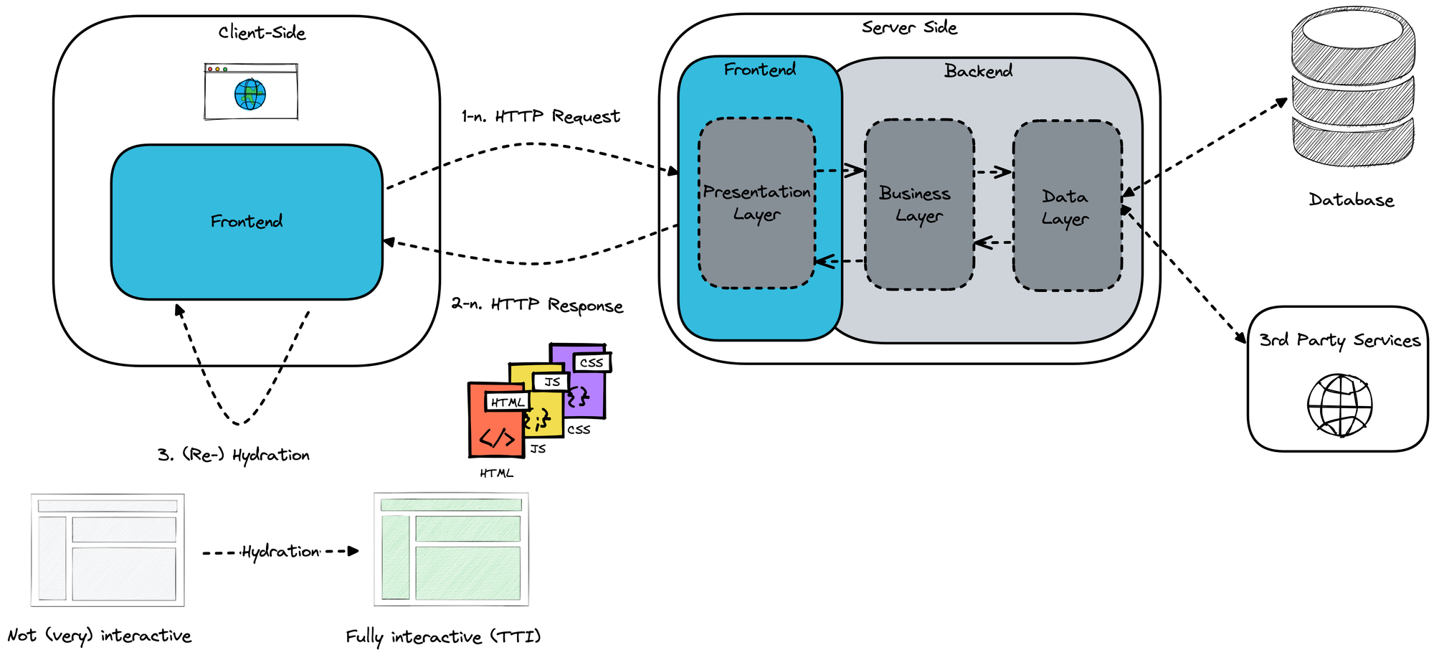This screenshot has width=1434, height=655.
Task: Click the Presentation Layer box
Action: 756,203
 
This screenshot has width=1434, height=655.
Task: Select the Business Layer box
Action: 918,204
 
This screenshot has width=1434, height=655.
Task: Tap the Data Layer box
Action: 1067,207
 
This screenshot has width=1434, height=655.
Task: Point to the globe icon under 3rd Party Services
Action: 1339,405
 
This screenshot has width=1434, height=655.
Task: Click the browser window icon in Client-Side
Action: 251,92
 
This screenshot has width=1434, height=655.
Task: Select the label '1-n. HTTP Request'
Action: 541,116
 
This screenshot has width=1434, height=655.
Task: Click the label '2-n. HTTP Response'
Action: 537,305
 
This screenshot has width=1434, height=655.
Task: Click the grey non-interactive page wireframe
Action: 108,550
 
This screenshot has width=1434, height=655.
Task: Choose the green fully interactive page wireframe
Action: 451,550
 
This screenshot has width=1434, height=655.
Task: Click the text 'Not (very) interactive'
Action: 100,636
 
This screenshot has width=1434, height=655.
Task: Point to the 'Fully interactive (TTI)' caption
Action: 443,637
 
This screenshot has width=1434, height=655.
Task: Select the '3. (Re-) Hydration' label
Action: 234,455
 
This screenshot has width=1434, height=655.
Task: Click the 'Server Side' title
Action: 909,28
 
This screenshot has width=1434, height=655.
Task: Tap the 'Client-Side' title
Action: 262,33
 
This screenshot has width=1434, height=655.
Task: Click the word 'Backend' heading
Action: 978,71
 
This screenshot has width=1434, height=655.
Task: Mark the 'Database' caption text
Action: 1352,200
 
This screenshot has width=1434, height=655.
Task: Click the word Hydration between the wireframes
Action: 280,552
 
